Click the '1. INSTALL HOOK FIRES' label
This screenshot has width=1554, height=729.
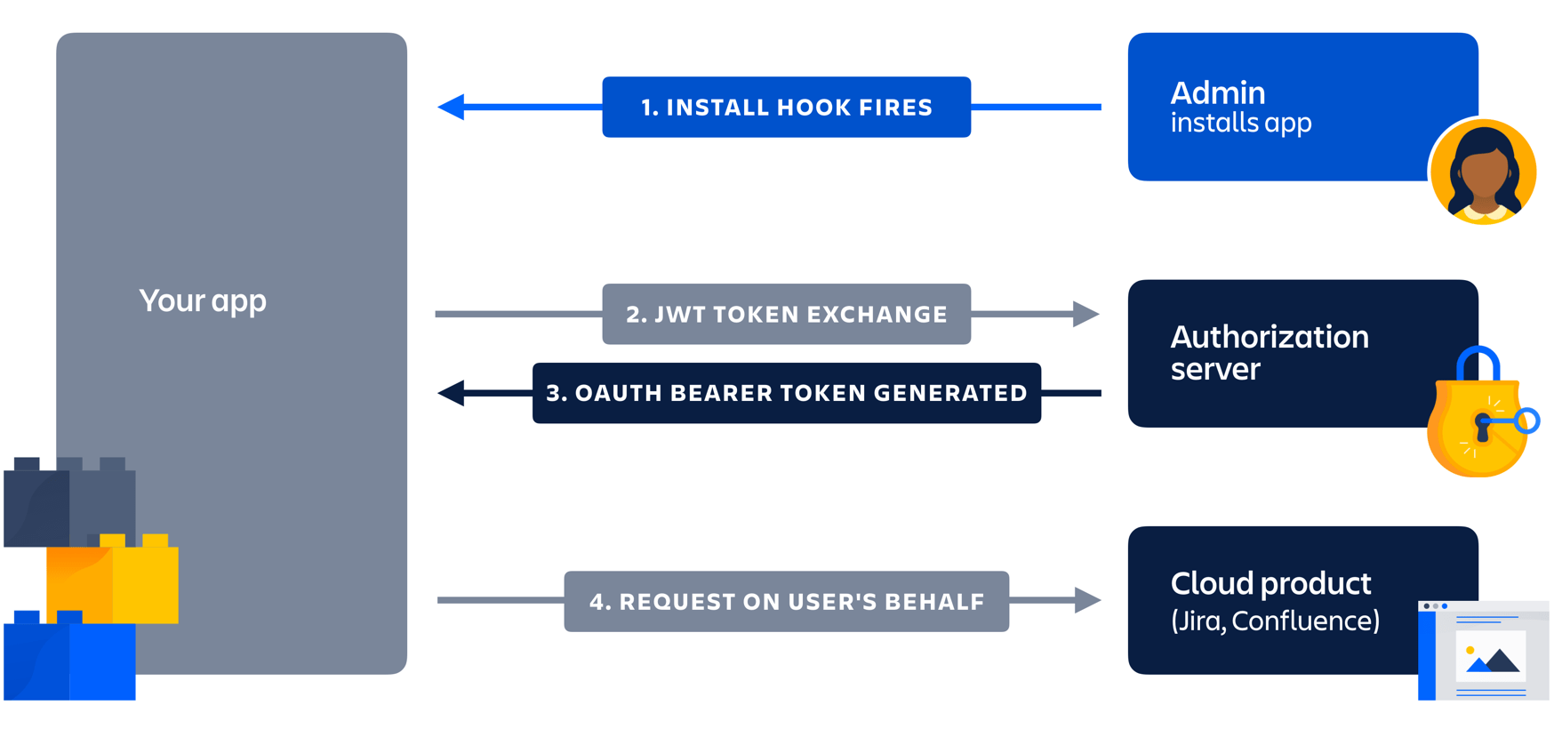(x=786, y=108)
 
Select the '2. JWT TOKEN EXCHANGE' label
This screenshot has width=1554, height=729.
(x=786, y=315)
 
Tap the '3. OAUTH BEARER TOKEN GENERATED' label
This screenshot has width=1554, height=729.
(x=786, y=393)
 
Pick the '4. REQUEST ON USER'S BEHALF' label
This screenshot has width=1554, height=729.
(x=786, y=602)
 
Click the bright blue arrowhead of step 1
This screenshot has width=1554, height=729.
(x=452, y=107)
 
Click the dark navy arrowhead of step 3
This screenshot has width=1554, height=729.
(x=452, y=393)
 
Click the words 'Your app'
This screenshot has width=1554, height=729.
(x=203, y=301)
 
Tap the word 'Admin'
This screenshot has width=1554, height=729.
(x=1217, y=93)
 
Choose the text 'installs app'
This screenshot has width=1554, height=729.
(x=1240, y=123)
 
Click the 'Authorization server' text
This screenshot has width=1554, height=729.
(x=1269, y=353)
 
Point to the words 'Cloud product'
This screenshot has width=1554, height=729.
(x=1270, y=584)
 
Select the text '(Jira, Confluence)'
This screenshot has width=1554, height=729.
(x=1275, y=621)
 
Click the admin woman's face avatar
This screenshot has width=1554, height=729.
(x=1483, y=172)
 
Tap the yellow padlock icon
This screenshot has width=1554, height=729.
(x=1471, y=427)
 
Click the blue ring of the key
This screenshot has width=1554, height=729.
(x=1527, y=421)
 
